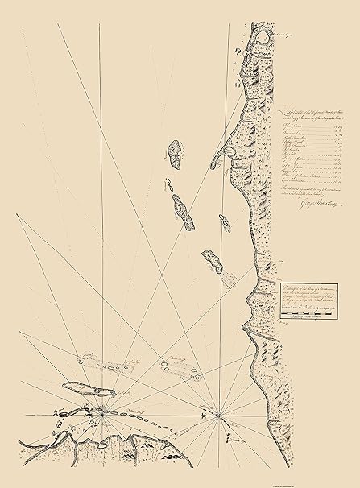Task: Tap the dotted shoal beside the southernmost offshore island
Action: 230,278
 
